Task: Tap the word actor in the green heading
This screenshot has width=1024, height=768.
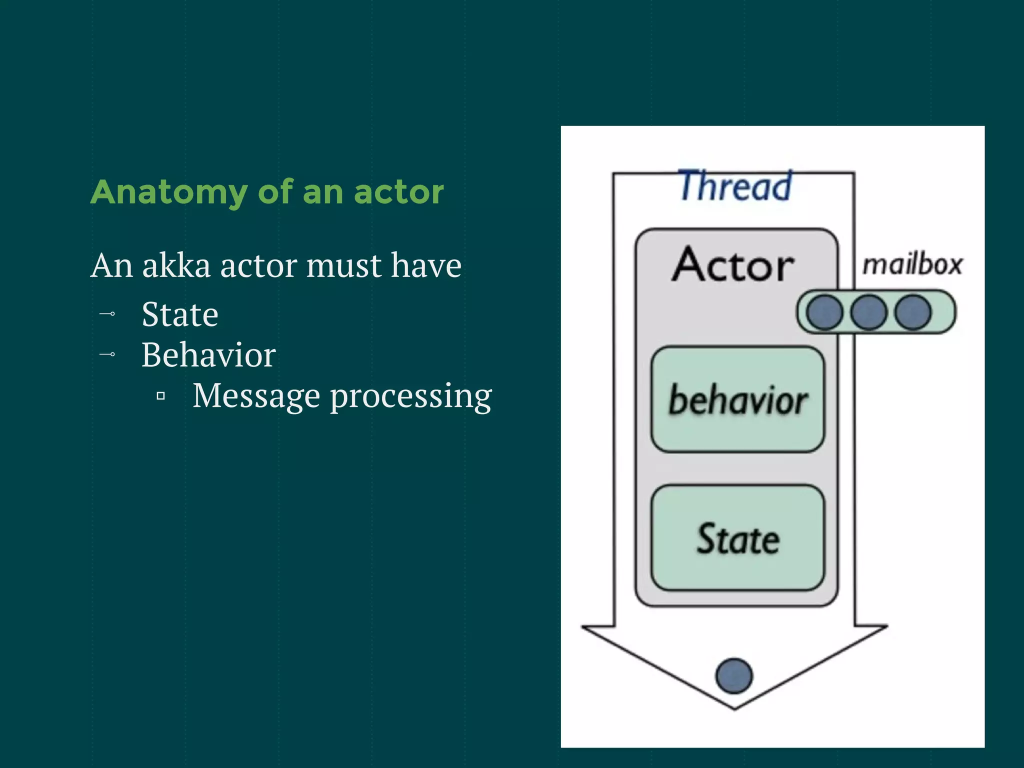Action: point(398,192)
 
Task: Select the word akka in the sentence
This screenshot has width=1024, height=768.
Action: point(176,265)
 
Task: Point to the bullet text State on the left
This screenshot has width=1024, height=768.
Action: point(180,314)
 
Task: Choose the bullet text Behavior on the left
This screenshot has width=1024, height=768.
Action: point(208,355)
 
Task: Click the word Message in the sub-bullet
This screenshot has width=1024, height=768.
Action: point(256,395)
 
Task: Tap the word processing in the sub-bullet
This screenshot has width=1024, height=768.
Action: point(411,396)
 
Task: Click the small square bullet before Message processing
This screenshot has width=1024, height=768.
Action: point(160,396)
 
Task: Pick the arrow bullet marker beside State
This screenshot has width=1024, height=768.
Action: point(107,314)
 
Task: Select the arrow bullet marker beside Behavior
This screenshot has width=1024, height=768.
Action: point(107,354)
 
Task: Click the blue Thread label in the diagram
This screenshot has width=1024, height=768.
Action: point(735,186)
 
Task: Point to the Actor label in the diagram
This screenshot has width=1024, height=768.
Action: point(733,264)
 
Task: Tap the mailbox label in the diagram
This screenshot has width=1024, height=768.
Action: point(912,264)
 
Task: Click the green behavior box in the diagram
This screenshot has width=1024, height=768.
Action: point(737,399)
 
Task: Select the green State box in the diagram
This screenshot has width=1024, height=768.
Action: point(737,538)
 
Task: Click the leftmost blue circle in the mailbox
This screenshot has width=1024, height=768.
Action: point(824,312)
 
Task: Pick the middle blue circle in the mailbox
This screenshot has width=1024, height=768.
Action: point(868,312)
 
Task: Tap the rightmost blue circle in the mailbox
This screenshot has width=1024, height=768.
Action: point(913,312)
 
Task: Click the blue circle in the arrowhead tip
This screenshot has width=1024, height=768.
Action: point(734,676)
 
